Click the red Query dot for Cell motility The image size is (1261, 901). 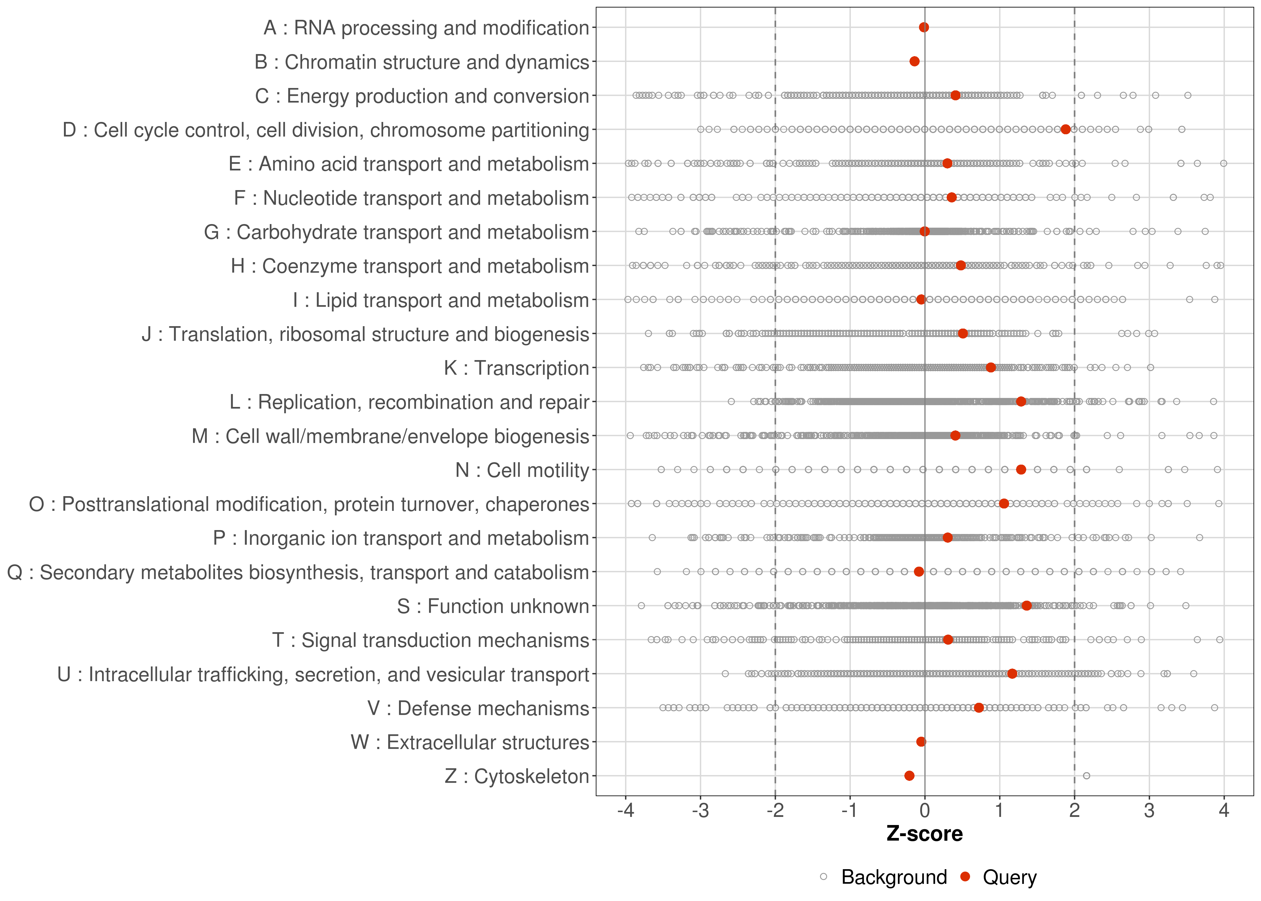pos(1021,469)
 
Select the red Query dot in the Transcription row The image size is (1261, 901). pos(991,367)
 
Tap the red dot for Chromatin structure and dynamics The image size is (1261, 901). pos(915,61)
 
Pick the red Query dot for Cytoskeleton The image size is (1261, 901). pos(909,776)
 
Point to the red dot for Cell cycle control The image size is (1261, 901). pos(1065,129)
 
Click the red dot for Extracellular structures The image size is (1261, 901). pos(921,742)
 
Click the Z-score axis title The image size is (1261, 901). pos(924,834)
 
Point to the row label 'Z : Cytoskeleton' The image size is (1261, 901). pos(516,776)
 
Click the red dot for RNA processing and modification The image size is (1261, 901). pos(924,27)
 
